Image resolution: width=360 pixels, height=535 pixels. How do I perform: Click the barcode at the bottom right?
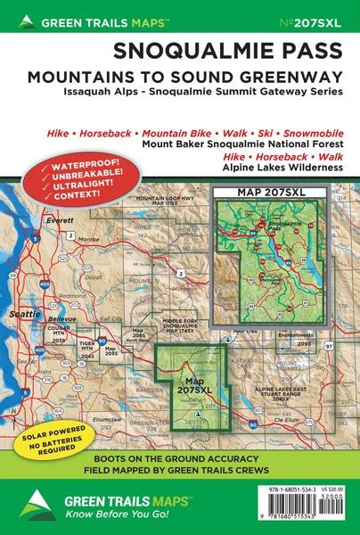(303, 515)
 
